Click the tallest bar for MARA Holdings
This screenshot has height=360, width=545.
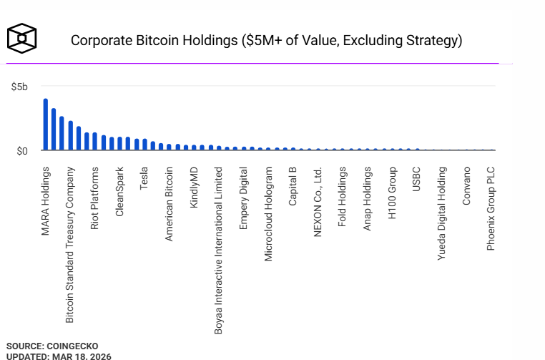[45, 125]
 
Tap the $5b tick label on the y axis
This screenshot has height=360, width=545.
[19, 87]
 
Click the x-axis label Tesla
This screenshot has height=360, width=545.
[144, 179]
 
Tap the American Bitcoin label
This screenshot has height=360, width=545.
[170, 204]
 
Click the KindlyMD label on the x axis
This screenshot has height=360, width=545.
[194, 188]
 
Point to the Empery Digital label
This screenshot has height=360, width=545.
[244, 198]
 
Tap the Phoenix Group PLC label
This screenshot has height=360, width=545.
[491, 209]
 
